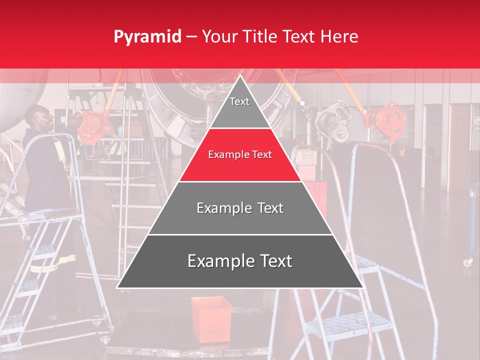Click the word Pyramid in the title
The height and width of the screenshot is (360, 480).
(147, 37)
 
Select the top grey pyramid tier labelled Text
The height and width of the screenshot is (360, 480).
(239, 107)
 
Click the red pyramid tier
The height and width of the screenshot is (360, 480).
(240, 155)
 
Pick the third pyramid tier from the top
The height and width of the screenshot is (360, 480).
(240, 208)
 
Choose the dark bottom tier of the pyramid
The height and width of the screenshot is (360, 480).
(240, 261)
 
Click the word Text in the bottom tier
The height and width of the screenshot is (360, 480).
(272, 261)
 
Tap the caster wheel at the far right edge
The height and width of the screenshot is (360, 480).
(467, 261)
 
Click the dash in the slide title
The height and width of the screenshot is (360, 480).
(191, 37)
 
